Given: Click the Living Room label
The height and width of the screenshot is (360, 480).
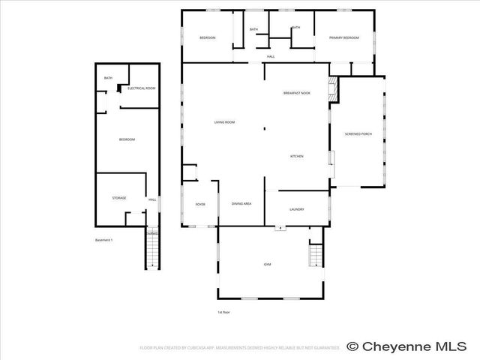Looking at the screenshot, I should (225, 122).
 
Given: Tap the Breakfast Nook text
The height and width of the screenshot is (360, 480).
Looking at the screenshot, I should (297, 93).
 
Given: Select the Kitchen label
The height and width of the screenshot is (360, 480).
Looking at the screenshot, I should (297, 156).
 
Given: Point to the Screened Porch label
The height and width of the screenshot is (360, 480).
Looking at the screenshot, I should (358, 133).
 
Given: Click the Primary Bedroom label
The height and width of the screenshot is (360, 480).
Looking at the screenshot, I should (343, 37).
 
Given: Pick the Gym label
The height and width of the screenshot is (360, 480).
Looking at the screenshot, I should (267, 265).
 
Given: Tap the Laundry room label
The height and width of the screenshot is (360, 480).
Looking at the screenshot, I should (296, 209).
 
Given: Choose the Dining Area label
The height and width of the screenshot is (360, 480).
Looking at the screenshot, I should (241, 204).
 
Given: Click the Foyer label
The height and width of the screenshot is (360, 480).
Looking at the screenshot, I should (200, 204).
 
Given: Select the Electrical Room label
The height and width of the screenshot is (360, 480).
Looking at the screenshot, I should (141, 88).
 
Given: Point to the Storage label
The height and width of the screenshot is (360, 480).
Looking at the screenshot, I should (119, 198).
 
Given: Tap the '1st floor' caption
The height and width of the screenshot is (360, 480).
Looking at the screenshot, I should (223, 312).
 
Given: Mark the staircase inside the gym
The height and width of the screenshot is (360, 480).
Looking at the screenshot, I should (315, 256).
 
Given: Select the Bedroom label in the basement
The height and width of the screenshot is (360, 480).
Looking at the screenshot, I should (127, 139).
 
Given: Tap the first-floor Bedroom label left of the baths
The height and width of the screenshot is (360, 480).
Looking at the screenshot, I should (207, 37).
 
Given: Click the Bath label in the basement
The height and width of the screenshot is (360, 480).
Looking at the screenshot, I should (108, 78).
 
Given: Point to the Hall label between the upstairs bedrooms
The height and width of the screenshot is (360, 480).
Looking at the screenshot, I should (270, 57).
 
